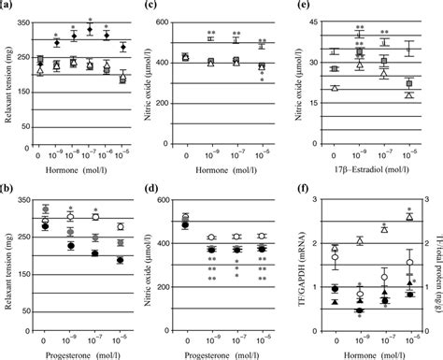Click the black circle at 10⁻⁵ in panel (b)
tap(120, 286)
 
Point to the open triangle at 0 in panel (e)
tap(336, 87)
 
